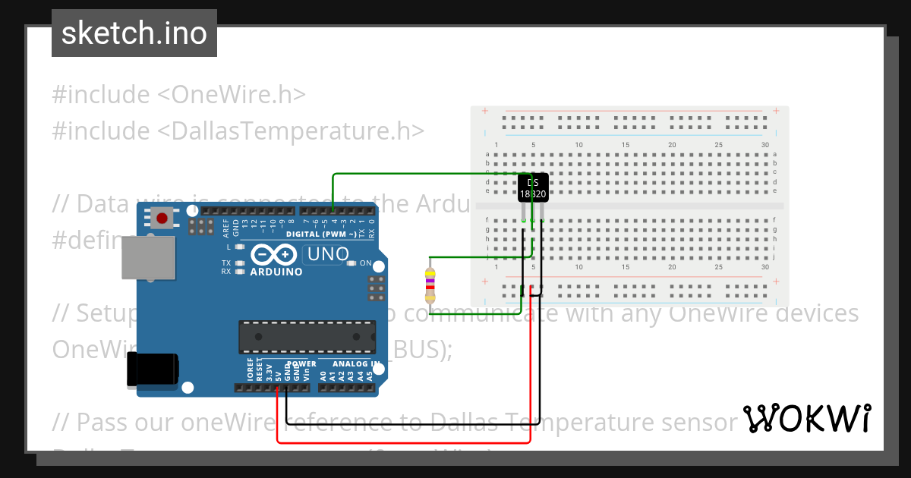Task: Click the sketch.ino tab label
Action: [134, 33]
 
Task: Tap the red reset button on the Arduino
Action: [161, 219]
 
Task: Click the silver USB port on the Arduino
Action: [148, 258]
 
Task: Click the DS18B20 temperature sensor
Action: [533, 187]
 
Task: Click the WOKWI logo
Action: [806, 418]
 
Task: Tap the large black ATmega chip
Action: [307, 337]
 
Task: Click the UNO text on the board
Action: [327, 254]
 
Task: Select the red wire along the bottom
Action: [402, 442]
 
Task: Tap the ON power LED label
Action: [365, 263]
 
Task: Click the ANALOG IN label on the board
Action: [347, 363]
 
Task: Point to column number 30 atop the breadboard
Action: [764, 145]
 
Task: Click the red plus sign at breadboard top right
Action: [776, 112]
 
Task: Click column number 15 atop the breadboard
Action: [626, 145]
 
